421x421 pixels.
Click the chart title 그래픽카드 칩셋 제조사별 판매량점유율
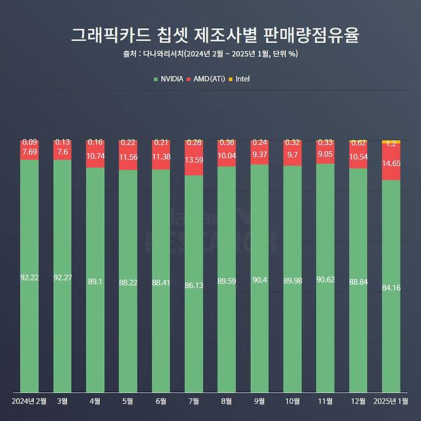(210, 35)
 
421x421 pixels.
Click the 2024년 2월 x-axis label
(29, 401)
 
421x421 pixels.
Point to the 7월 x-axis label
(194, 401)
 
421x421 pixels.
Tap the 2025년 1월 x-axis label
(391, 401)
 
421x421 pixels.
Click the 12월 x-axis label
(358, 401)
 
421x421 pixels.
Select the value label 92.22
(29, 278)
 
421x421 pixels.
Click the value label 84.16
(391, 287)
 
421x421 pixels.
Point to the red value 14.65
(391, 164)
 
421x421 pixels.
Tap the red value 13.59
(194, 160)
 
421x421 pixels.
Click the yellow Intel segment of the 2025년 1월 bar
(391, 141)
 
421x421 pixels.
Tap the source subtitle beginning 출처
(210, 54)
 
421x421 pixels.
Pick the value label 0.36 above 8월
(226, 143)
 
